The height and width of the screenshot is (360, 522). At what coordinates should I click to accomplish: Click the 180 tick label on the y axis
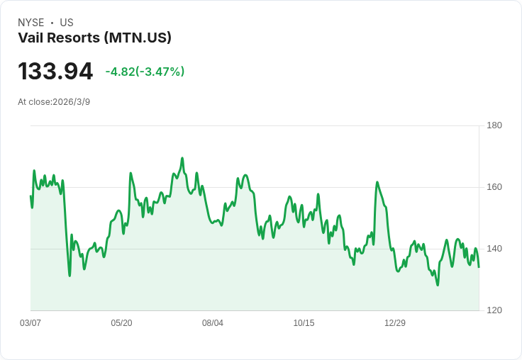click(494, 125)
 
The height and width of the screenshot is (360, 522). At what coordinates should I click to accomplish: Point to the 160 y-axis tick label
click(494, 187)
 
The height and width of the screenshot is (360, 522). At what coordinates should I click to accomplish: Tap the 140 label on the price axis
click(494, 249)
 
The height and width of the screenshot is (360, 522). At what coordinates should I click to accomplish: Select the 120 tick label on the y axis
click(494, 310)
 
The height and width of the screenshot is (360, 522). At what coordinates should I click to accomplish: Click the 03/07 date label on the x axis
click(30, 323)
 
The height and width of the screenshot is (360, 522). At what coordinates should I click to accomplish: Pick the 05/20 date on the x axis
click(121, 323)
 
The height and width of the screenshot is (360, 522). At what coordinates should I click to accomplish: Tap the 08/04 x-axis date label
click(213, 323)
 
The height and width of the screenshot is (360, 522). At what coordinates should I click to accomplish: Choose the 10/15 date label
click(304, 323)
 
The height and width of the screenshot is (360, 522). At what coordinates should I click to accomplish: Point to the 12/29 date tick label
click(395, 323)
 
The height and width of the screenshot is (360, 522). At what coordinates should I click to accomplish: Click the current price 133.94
click(55, 72)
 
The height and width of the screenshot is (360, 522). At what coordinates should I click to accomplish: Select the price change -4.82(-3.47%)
click(145, 72)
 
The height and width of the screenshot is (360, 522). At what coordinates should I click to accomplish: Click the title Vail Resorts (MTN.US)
click(94, 38)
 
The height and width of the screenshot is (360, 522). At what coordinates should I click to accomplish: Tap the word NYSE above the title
click(31, 23)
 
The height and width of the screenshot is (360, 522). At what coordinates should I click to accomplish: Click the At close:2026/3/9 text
click(54, 102)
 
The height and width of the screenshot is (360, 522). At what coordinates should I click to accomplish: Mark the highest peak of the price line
click(182, 158)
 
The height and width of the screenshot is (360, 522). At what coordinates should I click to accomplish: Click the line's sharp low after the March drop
click(70, 276)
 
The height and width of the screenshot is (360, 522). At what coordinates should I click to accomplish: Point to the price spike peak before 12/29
click(377, 182)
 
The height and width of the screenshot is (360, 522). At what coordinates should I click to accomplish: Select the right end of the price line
click(479, 267)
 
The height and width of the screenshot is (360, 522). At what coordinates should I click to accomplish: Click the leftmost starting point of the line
click(30, 196)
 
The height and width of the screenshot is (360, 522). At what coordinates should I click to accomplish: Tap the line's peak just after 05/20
click(130, 173)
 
